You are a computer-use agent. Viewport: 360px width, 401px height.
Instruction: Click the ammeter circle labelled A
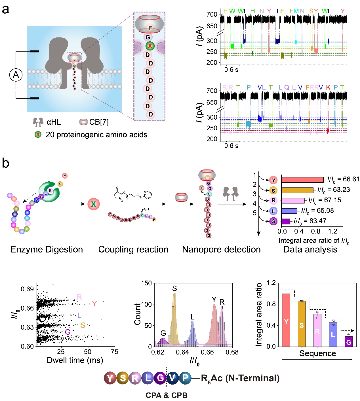[x=16, y=75]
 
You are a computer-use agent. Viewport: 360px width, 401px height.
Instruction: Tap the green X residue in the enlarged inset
[x=150, y=46]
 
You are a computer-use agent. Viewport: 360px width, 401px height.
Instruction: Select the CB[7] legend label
[x=99, y=122]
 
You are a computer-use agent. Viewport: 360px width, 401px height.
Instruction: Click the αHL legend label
[x=54, y=122]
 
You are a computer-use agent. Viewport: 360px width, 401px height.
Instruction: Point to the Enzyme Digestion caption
[x=47, y=249]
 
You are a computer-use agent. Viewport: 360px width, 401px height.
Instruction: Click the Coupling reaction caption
[x=133, y=249]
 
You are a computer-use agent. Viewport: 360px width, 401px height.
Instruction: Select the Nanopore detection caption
[x=221, y=249]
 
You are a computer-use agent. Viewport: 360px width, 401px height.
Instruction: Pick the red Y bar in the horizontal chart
[x=302, y=180]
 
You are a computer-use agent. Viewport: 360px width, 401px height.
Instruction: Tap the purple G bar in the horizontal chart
[x=285, y=221]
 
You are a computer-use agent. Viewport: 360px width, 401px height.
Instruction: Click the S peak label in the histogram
[x=174, y=288]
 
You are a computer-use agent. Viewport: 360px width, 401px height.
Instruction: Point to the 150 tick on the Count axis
[x=146, y=283]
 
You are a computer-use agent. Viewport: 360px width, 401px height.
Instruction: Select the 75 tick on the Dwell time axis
[x=115, y=352]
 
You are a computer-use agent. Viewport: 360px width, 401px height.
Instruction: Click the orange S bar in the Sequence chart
[x=302, y=324]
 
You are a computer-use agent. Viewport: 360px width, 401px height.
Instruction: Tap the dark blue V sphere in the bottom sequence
[x=172, y=378]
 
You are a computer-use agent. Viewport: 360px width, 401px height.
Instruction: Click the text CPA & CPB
[x=167, y=395]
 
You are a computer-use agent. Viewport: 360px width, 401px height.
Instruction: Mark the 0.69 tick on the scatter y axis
[x=27, y=289]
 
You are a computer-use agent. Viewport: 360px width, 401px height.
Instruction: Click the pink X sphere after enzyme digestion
[x=93, y=204]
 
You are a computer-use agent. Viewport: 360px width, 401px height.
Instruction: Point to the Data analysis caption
[x=310, y=249]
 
